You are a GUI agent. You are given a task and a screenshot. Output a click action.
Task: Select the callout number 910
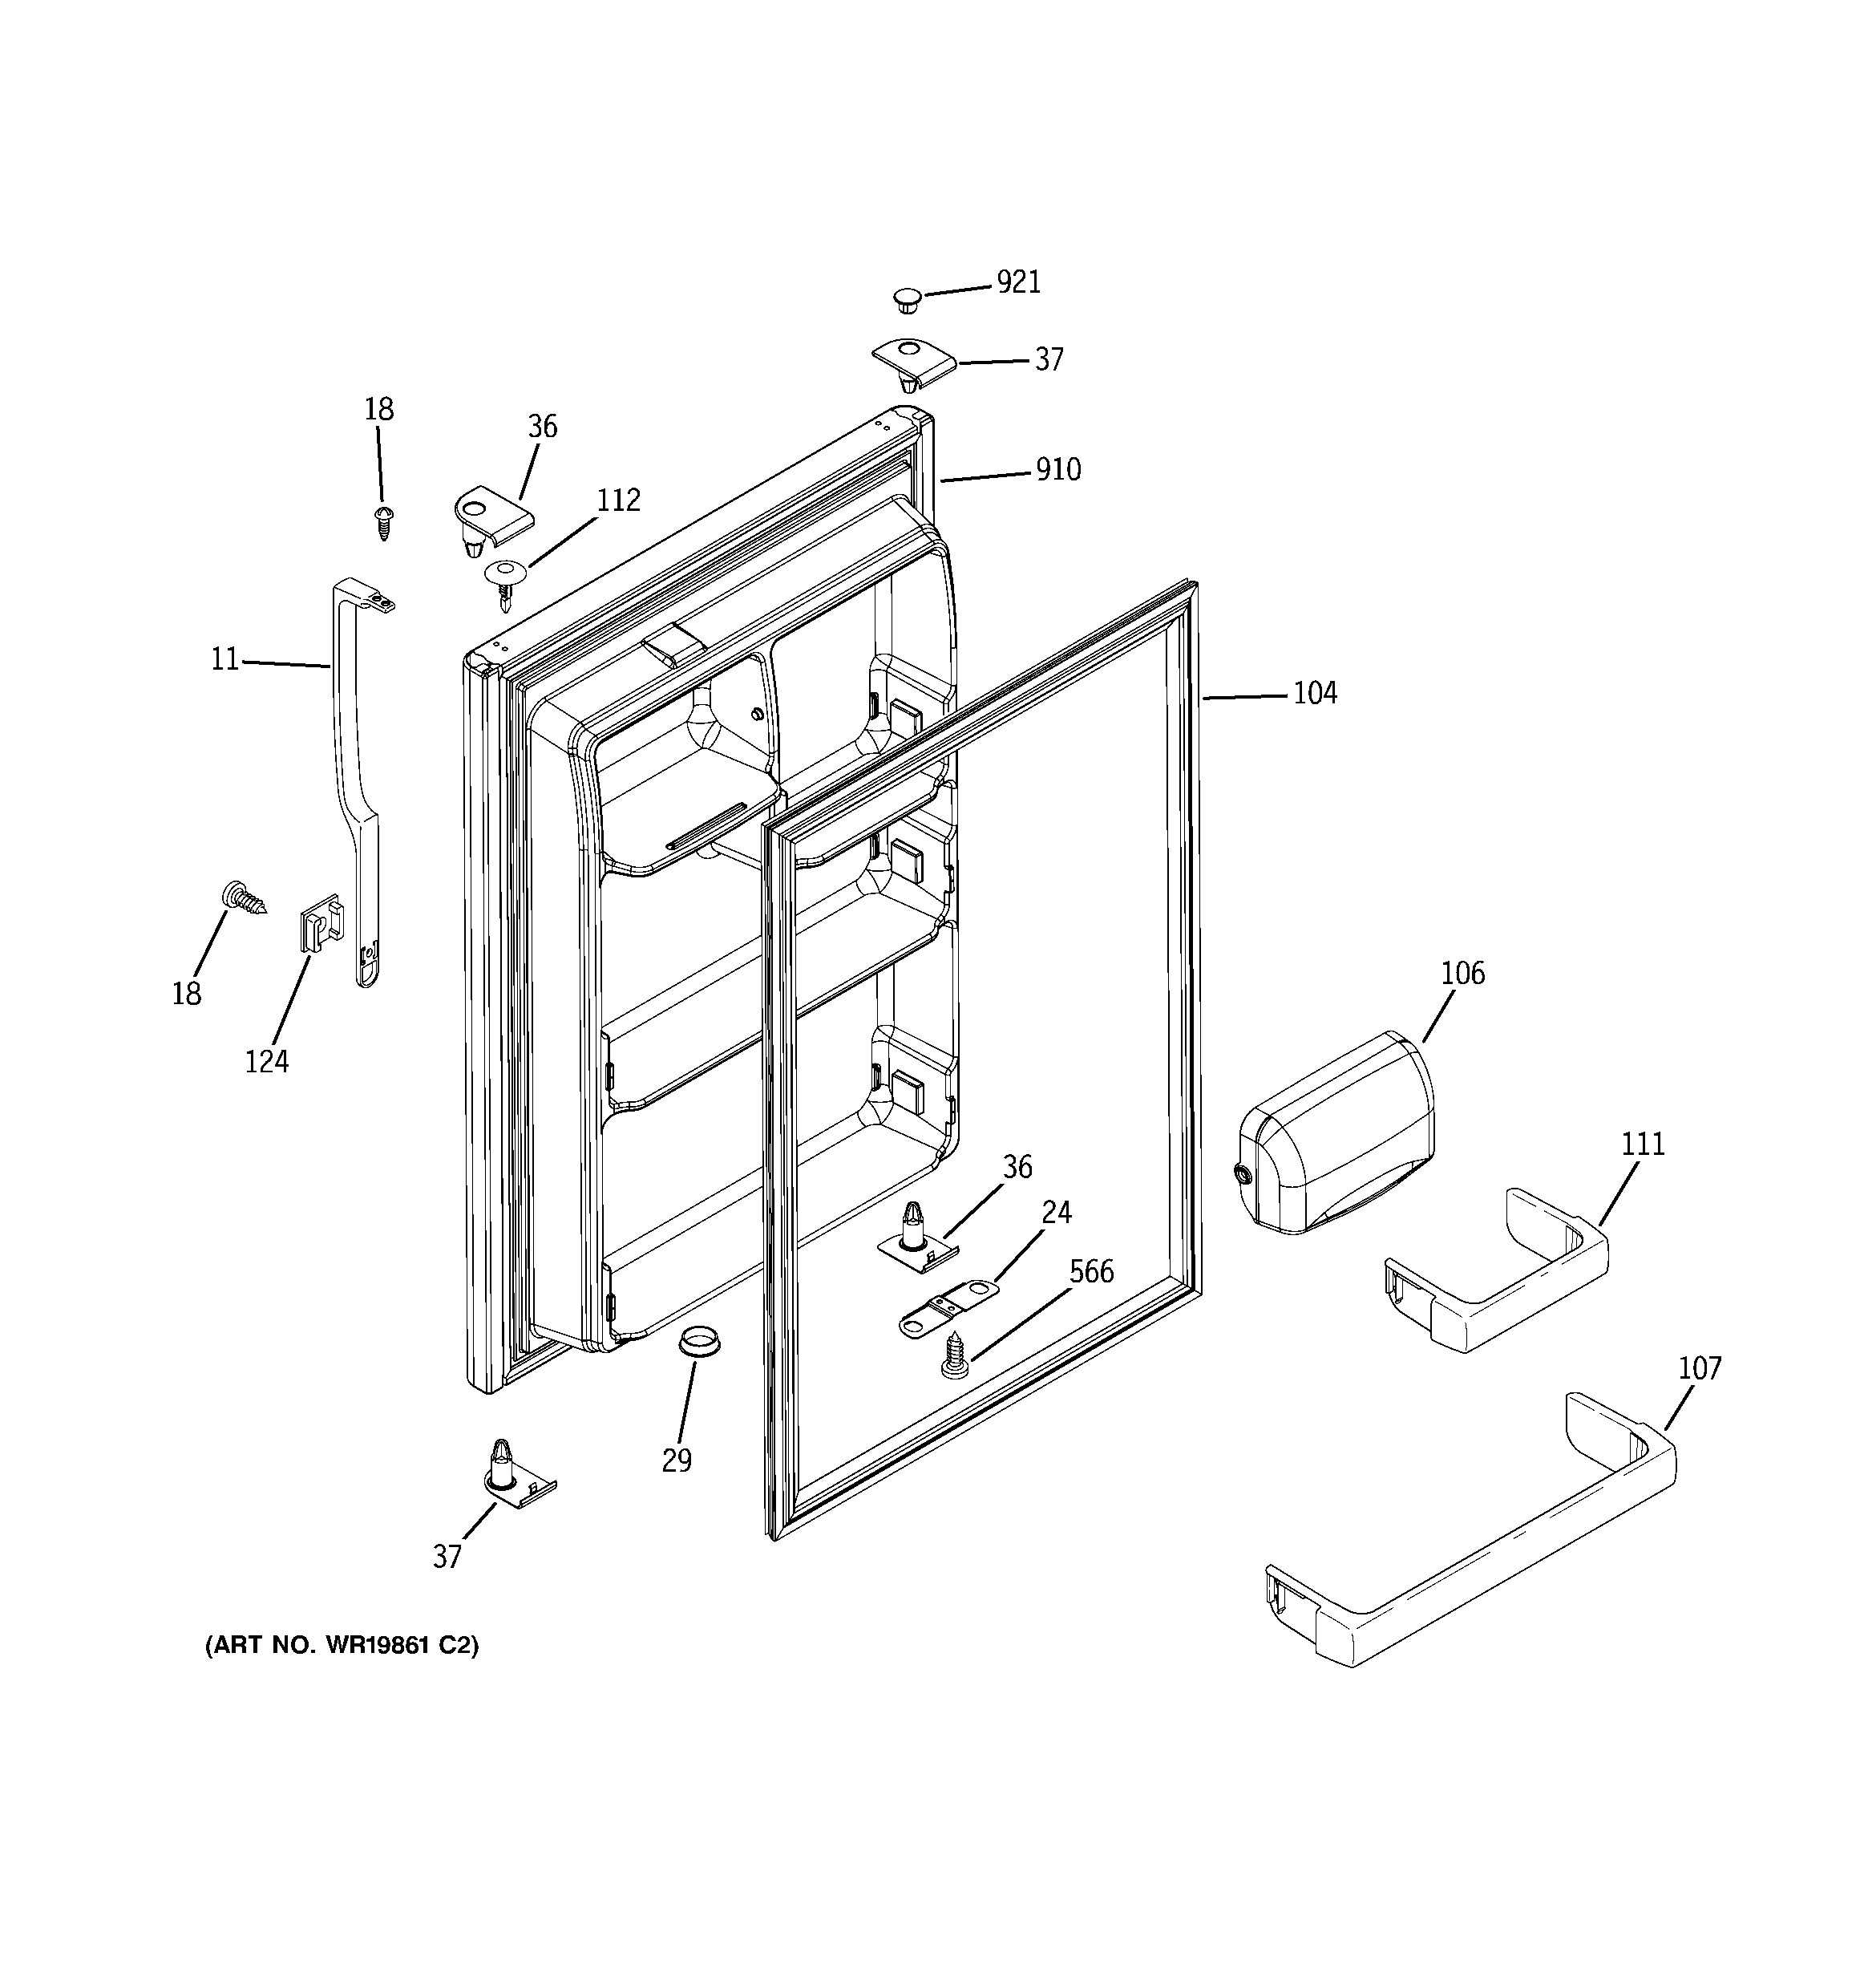[x=1057, y=469]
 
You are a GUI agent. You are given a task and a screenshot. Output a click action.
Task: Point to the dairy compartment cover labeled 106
[x=1336, y=1136]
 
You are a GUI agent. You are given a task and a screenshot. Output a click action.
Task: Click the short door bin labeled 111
[x=1494, y=1272]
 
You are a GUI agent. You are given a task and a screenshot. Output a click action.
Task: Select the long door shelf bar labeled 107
[x=1468, y=1536]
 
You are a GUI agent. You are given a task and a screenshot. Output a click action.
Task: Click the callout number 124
[x=266, y=1061]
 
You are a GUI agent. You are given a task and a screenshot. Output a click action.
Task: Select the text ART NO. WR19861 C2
[x=342, y=1646]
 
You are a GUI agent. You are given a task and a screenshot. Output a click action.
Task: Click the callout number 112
[x=618, y=500]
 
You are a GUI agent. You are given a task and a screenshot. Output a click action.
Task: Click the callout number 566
[x=1091, y=1272]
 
